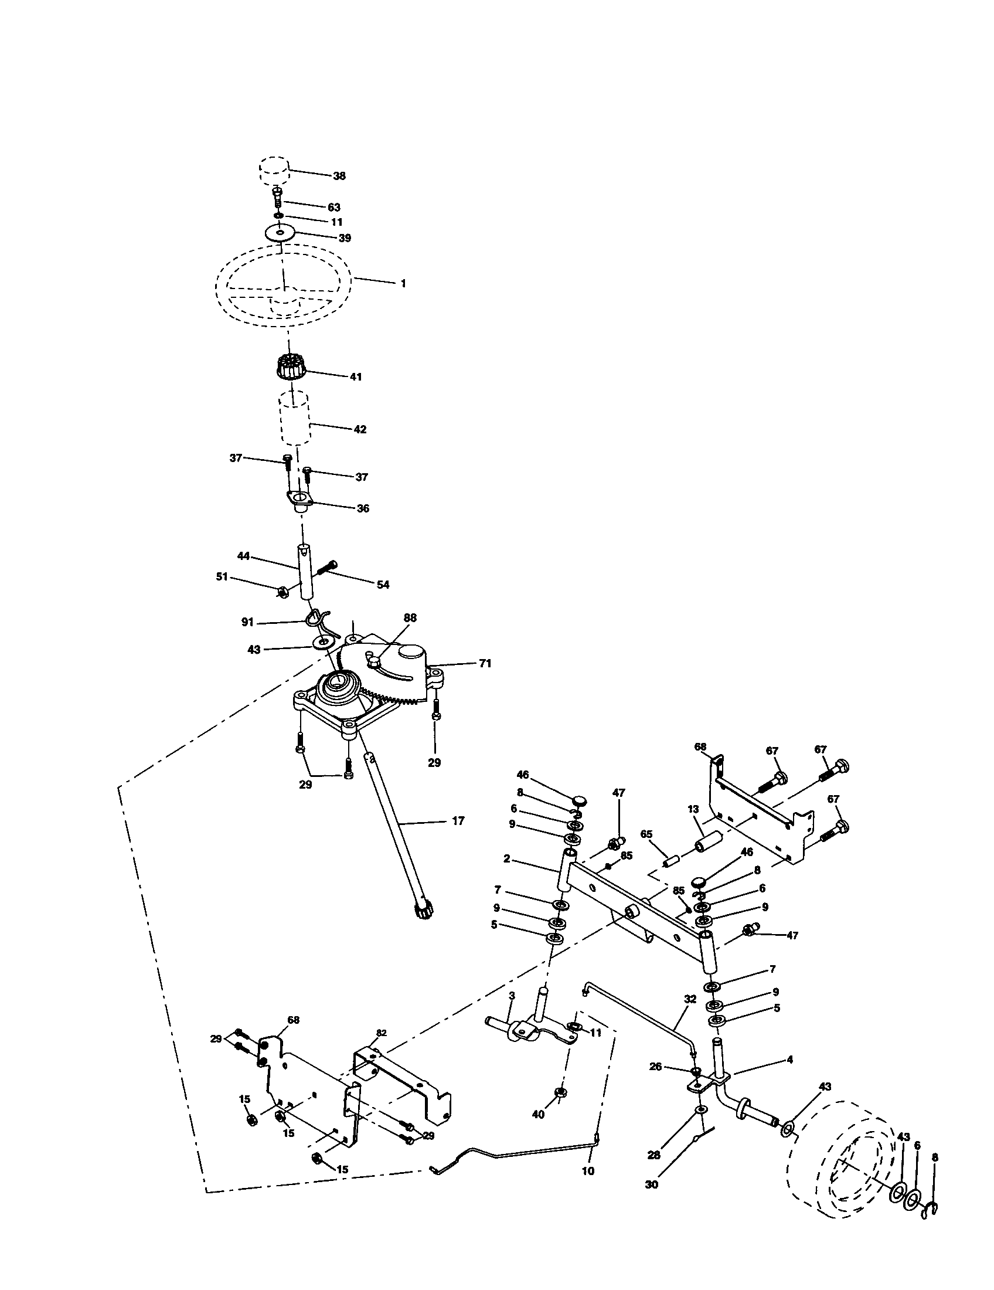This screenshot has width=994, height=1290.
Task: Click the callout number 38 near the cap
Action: pos(339,176)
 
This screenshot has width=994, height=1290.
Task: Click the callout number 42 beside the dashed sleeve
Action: pos(359,429)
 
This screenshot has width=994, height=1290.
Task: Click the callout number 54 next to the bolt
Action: pos(383,585)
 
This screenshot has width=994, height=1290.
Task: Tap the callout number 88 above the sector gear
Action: pos(410,617)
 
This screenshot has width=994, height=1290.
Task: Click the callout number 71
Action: pos(484,663)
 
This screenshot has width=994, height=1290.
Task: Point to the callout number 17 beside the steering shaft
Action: pos(458,820)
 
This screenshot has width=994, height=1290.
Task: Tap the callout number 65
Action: pos(646,834)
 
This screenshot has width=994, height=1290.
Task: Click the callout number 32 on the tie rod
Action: pos(690,999)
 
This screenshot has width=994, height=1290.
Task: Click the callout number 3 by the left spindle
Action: pos(512,996)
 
